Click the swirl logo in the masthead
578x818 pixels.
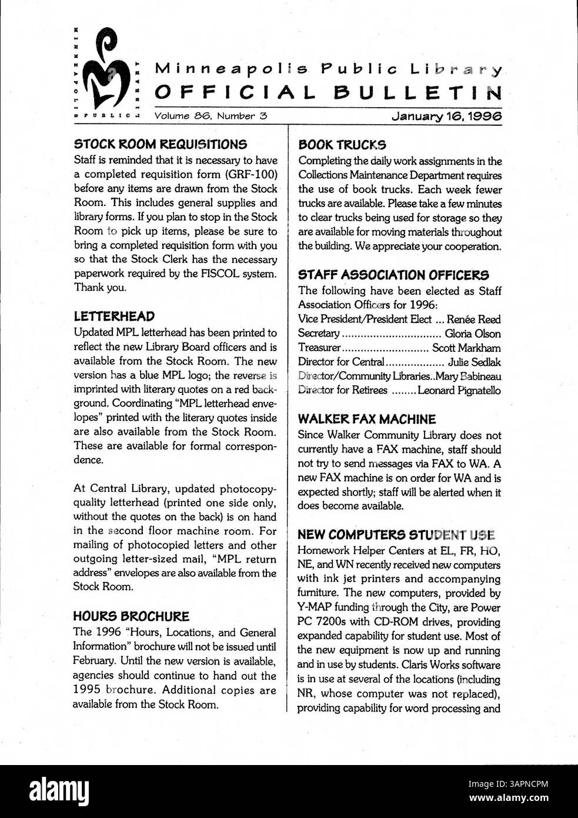(x=106, y=74)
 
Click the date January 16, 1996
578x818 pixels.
(x=447, y=116)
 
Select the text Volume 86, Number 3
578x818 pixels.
(x=211, y=116)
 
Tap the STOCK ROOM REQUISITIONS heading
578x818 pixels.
(x=160, y=144)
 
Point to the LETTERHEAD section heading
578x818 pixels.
(x=114, y=317)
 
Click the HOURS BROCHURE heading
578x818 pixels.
(x=131, y=617)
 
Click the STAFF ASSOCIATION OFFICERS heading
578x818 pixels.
(x=393, y=275)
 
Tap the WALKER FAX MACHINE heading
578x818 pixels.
(x=367, y=420)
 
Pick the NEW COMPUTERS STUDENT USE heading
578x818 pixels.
(x=397, y=535)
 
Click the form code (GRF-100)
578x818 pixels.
(x=250, y=174)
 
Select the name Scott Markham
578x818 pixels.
(x=466, y=348)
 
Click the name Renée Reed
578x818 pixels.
(x=473, y=320)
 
